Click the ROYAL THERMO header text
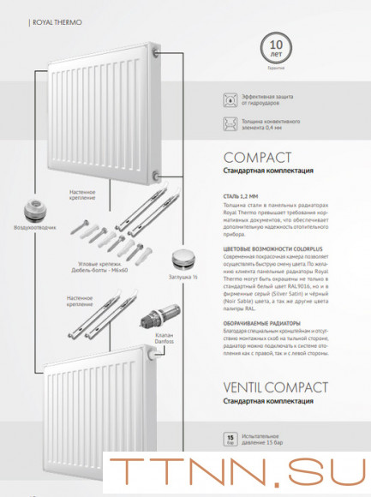tap(57, 21)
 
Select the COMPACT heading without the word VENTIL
tap(257, 158)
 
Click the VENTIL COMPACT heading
tap(276, 387)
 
